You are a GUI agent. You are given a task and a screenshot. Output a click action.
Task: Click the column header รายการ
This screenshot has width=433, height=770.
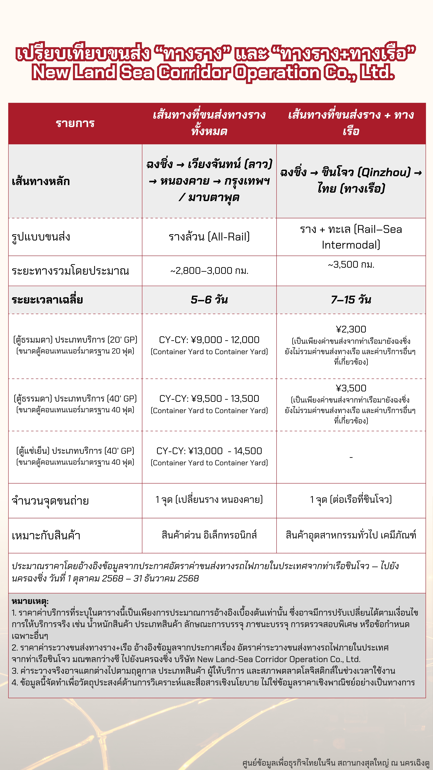click(75, 123)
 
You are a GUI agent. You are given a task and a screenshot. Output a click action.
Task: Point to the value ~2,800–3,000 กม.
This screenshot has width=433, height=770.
click(209, 271)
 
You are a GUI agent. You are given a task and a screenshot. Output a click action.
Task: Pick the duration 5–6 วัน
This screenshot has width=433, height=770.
click(209, 300)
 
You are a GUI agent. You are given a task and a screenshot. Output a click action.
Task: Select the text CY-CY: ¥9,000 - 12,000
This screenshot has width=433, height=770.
click(209, 340)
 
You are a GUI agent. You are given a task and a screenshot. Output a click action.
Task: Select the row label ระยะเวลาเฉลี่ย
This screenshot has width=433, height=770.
click(47, 300)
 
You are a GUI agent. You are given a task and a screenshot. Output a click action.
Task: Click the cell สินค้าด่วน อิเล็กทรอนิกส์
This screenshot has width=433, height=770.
click(209, 535)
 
